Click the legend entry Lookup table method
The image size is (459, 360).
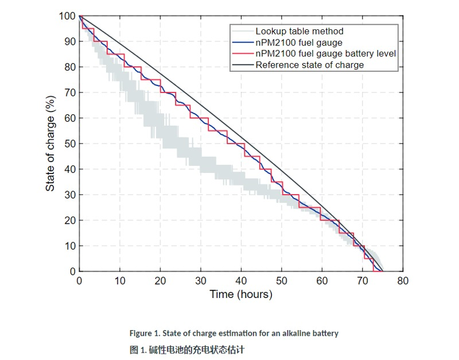299,31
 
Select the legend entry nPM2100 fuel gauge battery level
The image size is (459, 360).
325,53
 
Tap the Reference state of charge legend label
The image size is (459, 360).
309,64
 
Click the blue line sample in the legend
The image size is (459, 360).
242,42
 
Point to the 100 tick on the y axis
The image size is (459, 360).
67,16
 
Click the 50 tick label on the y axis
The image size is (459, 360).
69,144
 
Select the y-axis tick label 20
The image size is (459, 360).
69,220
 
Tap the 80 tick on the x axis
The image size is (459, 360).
403,280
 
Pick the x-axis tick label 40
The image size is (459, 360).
242,280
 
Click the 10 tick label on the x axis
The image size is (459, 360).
120,280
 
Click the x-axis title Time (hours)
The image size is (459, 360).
241,295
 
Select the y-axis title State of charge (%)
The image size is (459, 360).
50,143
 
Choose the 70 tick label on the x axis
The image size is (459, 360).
363,280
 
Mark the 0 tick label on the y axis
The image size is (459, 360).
72,272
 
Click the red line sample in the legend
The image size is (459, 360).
242,53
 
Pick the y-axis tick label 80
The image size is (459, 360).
69,67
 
